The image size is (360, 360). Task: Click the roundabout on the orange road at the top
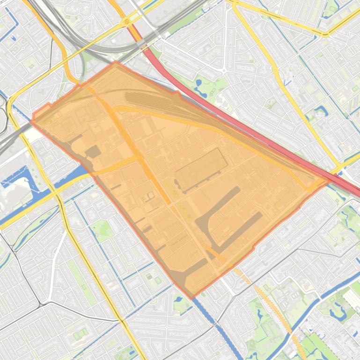(127, 22)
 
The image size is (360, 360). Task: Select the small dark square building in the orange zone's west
(93, 151)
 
